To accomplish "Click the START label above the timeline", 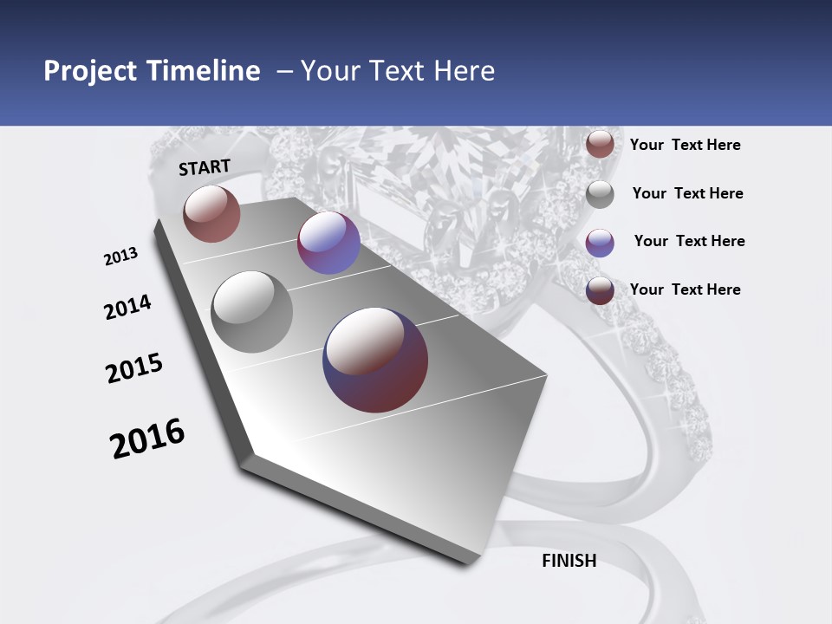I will pyautogui.click(x=205, y=167).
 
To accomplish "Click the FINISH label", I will pyautogui.click(x=569, y=561).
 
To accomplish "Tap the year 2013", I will pyautogui.click(x=120, y=257).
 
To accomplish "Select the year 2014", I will pyautogui.click(x=127, y=308).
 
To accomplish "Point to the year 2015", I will pyautogui.click(x=134, y=368).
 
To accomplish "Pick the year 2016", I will pyautogui.click(x=147, y=439).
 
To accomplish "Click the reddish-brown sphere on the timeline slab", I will pyautogui.click(x=211, y=213).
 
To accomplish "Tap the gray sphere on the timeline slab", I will pyautogui.click(x=252, y=312).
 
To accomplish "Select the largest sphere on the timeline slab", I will pyautogui.click(x=375, y=360).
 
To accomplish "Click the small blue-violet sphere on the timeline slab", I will pyautogui.click(x=328, y=243).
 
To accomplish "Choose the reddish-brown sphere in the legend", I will pyautogui.click(x=600, y=145).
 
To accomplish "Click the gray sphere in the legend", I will pyautogui.click(x=600, y=194).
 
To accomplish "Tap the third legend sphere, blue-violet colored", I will pyautogui.click(x=600, y=243).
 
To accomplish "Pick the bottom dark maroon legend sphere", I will pyautogui.click(x=600, y=290).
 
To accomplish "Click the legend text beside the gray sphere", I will pyautogui.click(x=687, y=193).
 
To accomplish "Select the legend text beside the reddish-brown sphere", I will pyautogui.click(x=685, y=145).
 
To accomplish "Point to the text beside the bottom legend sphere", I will pyautogui.click(x=685, y=289).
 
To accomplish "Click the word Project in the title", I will pyautogui.click(x=91, y=71).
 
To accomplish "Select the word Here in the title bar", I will pyautogui.click(x=464, y=71).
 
